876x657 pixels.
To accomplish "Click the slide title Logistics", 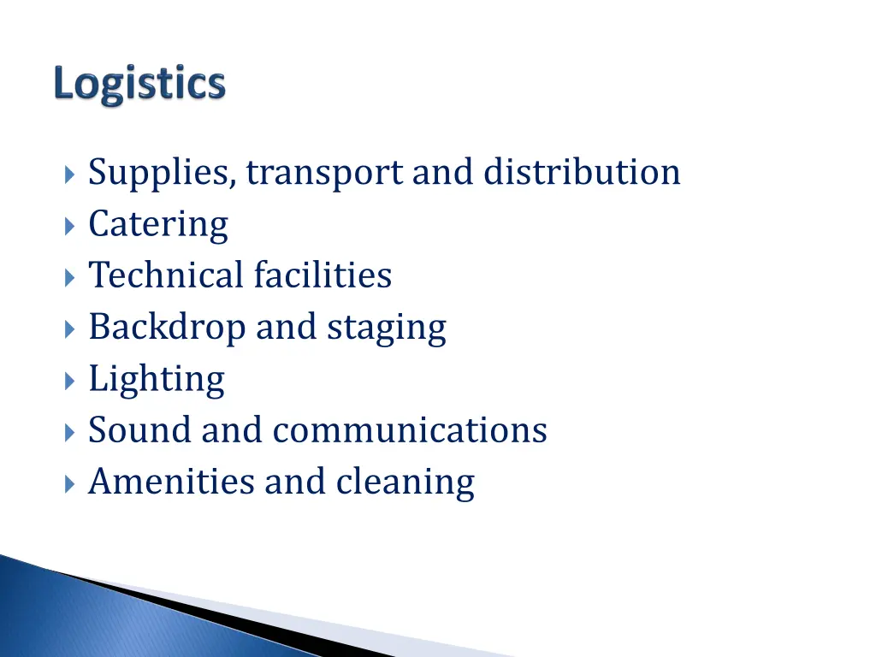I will (x=139, y=86).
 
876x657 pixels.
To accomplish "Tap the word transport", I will (x=326, y=174).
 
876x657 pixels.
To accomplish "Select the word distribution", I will (x=582, y=172).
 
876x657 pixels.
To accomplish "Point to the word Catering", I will (x=158, y=225).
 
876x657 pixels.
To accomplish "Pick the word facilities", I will (x=323, y=275).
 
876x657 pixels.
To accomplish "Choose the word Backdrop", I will (x=166, y=328).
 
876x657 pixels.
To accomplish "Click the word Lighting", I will (x=157, y=380).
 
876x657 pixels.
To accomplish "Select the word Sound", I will (x=139, y=429).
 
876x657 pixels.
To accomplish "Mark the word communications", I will (x=410, y=429).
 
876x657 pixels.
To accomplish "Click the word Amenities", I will (x=171, y=481).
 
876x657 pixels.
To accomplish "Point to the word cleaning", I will (x=405, y=482).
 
